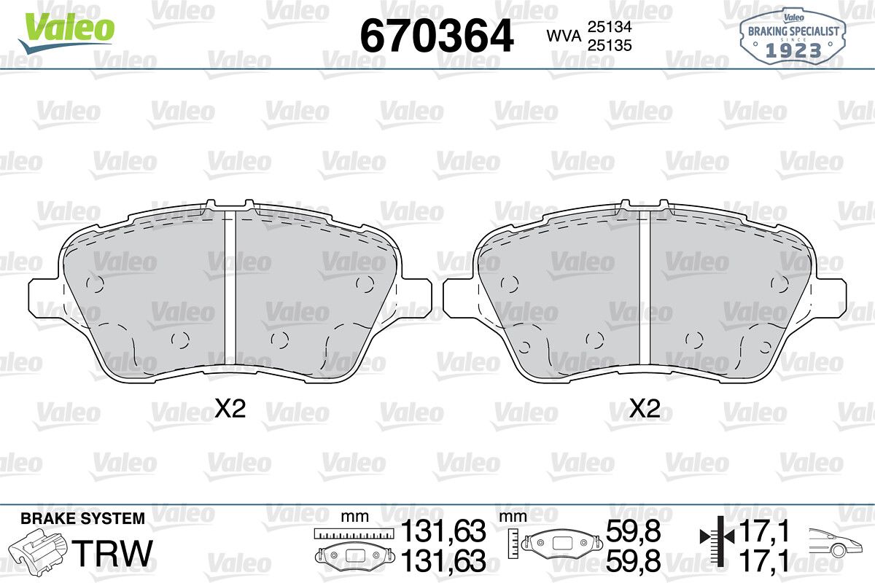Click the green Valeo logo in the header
click(x=66, y=32)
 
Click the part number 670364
click(x=436, y=36)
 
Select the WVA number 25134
click(x=610, y=26)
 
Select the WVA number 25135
click(x=610, y=45)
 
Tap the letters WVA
click(x=564, y=36)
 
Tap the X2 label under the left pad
click(x=230, y=408)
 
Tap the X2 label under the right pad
click(x=645, y=408)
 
